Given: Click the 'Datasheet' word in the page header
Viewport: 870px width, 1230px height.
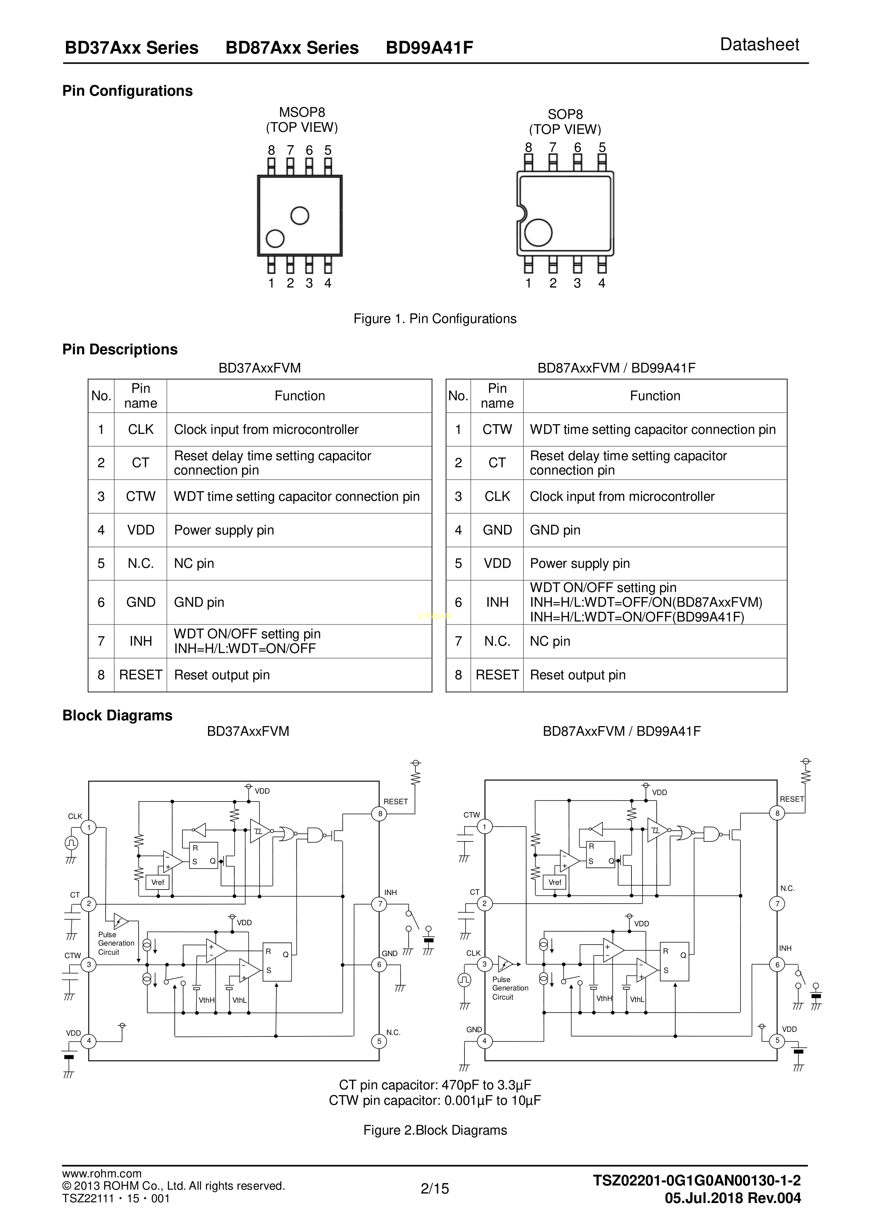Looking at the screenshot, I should [x=759, y=45].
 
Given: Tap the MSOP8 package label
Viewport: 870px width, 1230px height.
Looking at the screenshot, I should [x=302, y=113].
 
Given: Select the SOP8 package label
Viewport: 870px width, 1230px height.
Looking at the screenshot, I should [x=565, y=115].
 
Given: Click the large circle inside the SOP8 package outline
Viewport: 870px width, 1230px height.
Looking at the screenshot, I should [x=538, y=232].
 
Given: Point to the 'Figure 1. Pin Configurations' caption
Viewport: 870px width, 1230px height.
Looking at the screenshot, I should [x=435, y=319].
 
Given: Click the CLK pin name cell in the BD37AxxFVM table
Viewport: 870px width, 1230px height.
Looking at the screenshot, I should [x=140, y=430].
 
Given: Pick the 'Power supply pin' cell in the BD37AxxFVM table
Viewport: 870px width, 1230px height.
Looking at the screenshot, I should [x=224, y=530].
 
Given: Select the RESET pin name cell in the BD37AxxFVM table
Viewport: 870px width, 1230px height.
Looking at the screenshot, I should [x=140, y=675].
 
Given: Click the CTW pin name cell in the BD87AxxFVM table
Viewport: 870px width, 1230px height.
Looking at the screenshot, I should [x=497, y=430].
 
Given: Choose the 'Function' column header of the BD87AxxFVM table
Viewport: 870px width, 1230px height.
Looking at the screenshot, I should [x=655, y=396].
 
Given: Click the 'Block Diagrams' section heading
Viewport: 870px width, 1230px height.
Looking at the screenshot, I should [x=118, y=716].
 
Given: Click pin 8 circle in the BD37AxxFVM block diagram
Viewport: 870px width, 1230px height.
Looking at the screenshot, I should [x=380, y=814].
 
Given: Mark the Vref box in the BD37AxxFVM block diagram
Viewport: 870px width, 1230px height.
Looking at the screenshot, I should [x=158, y=882].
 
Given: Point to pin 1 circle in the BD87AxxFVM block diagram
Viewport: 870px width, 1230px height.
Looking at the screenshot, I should [x=484, y=827].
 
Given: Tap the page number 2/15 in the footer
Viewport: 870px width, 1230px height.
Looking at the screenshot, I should [x=435, y=1189].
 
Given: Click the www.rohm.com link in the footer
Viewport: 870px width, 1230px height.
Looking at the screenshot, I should [x=102, y=1174].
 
